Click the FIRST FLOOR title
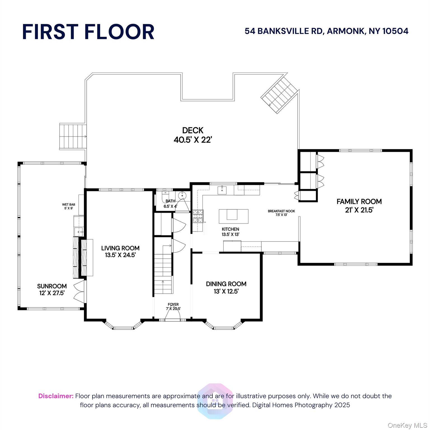click(88, 32)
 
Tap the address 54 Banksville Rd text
click(326, 31)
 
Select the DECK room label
click(193, 135)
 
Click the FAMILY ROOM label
click(359, 206)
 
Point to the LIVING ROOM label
click(120, 251)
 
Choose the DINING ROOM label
click(226, 288)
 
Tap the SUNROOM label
click(52, 289)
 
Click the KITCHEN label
click(230, 232)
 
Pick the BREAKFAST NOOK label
click(281, 213)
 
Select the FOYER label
click(173, 307)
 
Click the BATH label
click(170, 204)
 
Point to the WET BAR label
click(69, 206)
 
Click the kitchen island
click(233, 216)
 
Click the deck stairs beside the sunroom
click(73, 136)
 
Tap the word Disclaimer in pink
click(56, 396)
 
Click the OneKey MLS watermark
click(407, 426)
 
